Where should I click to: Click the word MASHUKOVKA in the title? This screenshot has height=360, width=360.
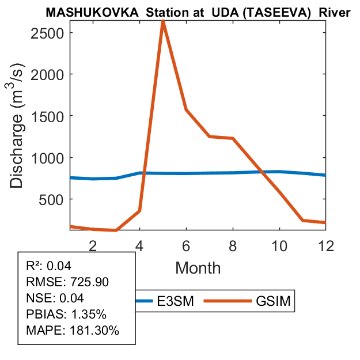click(93, 12)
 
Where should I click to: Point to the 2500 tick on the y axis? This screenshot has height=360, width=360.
click(47, 32)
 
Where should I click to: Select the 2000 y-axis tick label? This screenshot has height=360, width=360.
click(47, 74)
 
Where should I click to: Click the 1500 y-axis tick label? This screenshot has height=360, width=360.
click(47, 116)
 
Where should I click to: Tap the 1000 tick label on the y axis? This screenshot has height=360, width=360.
click(47, 158)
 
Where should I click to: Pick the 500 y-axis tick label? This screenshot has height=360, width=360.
click(52, 199)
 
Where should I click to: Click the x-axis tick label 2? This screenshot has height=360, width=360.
click(93, 245)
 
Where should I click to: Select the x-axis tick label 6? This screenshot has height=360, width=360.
click(186, 245)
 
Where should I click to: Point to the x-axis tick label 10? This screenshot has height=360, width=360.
click(279, 245)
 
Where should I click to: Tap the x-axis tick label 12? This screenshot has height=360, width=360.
click(325, 245)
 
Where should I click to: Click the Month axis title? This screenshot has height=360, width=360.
click(198, 268)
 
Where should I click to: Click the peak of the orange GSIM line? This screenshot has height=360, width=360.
click(163, 21)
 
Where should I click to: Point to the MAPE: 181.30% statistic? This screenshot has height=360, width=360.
click(73, 331)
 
